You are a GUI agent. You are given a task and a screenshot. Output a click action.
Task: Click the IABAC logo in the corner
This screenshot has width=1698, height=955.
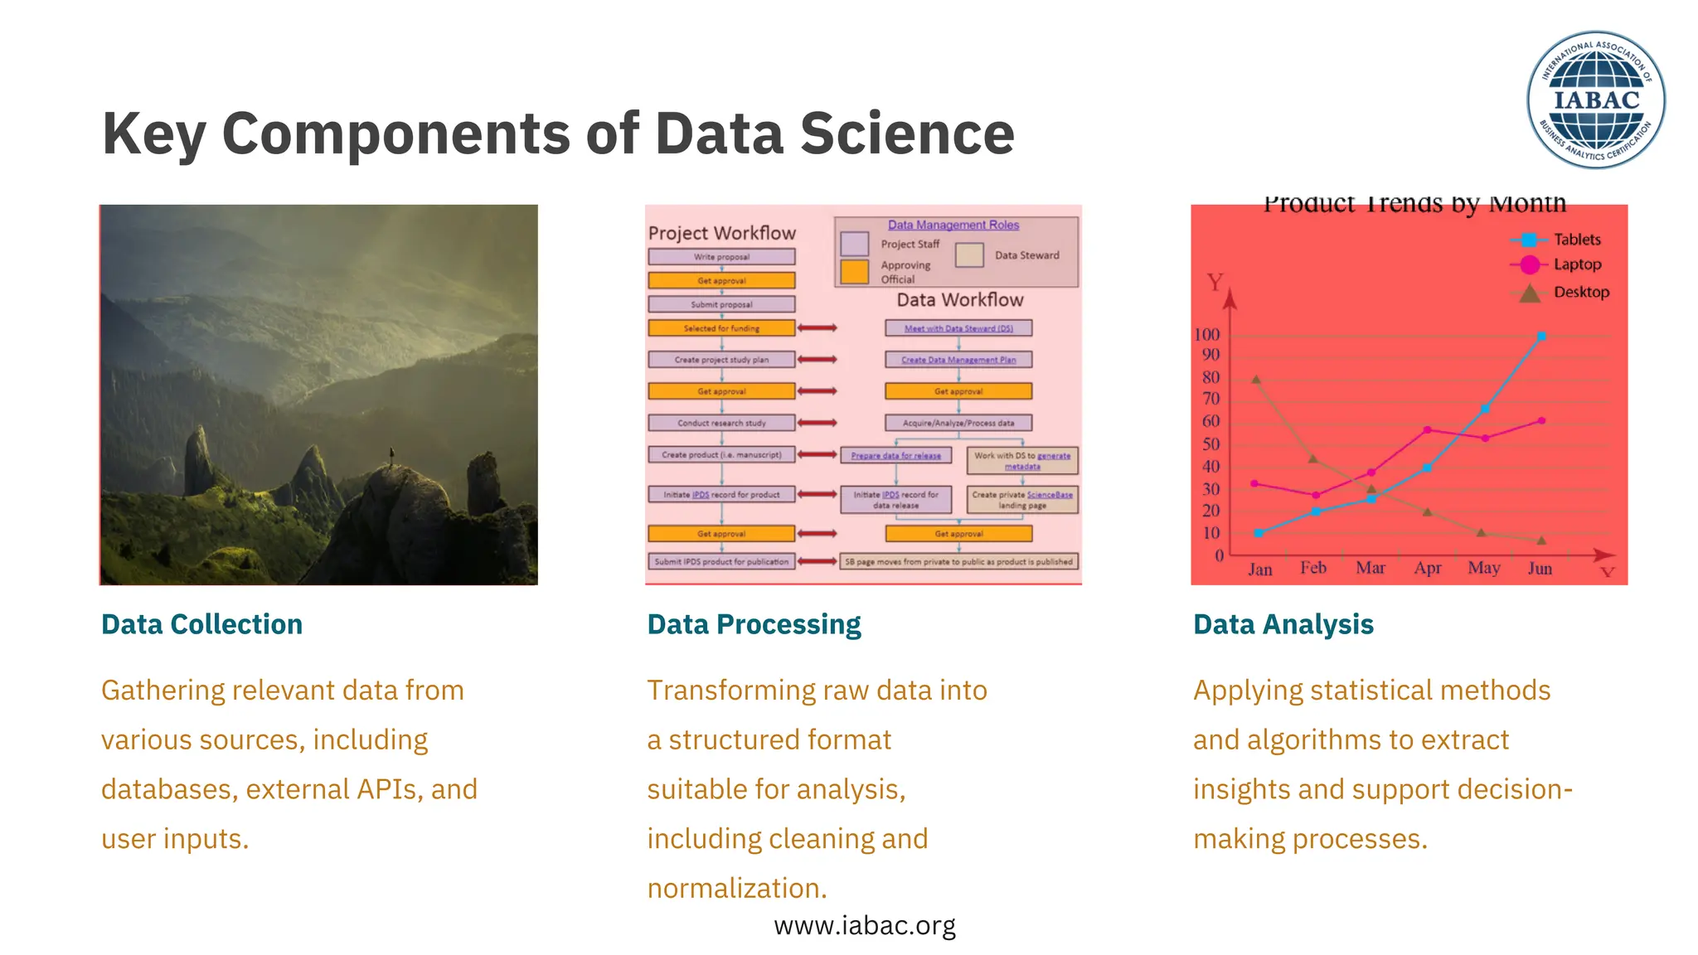(1595, 99)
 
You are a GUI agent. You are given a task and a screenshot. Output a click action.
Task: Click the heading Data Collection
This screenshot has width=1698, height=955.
(201, 624)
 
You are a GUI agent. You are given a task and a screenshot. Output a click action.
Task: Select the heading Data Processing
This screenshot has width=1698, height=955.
(754, 624)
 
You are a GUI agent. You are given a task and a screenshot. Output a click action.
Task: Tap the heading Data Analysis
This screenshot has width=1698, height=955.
(1283, 624)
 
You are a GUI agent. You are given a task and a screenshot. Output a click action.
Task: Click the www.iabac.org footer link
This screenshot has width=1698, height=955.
(864, 925)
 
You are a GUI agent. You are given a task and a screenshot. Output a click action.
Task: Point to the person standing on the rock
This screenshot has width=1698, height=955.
(391, 455)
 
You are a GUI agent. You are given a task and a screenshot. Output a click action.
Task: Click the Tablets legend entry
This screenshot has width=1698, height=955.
(1576, 240)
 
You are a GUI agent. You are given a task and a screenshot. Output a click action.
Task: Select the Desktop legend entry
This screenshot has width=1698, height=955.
(1580, 292)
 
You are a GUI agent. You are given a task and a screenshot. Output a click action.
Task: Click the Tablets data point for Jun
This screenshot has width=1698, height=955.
(1541, 336)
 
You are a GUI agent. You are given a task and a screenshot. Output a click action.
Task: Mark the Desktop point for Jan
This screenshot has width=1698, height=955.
(1256, 380)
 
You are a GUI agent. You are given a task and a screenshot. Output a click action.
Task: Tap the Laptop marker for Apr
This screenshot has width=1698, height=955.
(1427, 430)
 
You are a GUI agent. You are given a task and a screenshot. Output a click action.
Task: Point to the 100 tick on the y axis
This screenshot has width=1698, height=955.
(1206, 335)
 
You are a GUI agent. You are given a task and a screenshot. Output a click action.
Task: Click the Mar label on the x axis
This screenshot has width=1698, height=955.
(1370, 568)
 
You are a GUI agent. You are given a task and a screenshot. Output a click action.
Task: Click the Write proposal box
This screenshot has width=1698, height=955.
(721, 257)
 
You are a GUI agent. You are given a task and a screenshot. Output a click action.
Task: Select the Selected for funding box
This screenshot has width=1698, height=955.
(721, 328)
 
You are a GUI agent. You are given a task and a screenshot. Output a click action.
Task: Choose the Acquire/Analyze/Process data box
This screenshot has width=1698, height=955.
(958, 423)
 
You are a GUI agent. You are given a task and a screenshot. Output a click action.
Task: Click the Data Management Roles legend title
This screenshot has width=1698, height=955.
(953, 225)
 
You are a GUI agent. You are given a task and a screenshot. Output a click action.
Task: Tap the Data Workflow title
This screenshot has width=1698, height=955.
(959, 300)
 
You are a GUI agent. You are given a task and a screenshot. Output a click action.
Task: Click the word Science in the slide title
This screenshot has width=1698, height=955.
(907, 134)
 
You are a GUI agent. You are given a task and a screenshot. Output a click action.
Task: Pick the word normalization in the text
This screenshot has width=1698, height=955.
(736, 889)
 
